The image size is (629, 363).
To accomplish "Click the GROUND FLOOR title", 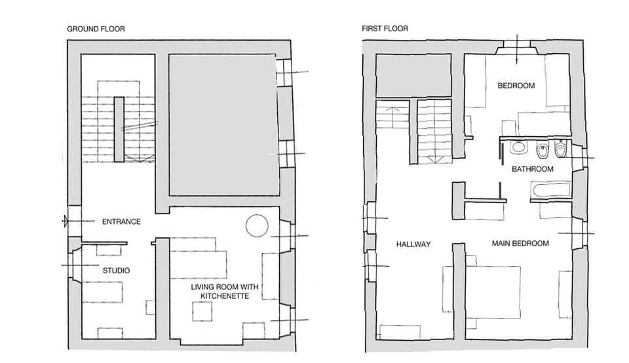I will click(x=96, y=29).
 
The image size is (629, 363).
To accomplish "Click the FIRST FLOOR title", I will click(x=385, y=29).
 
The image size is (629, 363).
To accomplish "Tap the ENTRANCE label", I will click(x=121, y=221).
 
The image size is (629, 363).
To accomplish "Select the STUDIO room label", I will click(x=116, y=270).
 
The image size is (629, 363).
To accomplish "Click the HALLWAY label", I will click(x=413, y=244).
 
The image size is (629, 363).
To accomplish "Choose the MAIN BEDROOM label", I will click(x=520, y=243).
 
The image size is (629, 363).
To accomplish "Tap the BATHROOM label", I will click(x=532, y=169).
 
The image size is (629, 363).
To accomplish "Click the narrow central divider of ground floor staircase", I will click(x=118, y=128).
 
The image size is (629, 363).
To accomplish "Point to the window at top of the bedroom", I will click(x=516, y=48).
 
